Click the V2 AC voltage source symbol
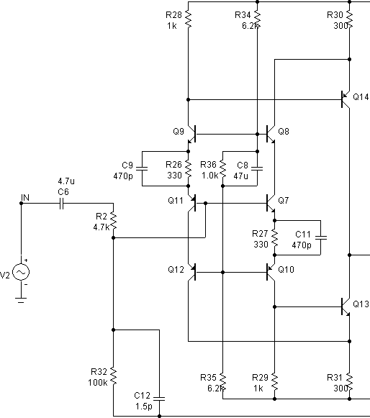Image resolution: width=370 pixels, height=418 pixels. click(21, 272)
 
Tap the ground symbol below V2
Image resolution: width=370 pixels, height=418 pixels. click(21, 300)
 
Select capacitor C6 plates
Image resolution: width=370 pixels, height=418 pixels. click(61, 204)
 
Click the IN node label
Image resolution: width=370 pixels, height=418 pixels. click(25, 198)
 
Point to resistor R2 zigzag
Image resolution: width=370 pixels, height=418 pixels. click(113, 221)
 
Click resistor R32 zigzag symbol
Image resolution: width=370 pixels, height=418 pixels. click(113, 376)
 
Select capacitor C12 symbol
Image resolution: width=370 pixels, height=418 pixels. click(160, 399)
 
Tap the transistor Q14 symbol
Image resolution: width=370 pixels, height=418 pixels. click(346, 99)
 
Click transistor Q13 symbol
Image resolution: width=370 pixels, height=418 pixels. click(346, 306)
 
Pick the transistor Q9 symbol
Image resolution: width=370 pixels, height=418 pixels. click(191, 134)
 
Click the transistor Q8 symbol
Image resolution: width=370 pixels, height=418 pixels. click(271, 134)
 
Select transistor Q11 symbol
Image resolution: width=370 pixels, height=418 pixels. click(191, 203)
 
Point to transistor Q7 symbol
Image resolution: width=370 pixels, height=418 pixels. click(271, 203)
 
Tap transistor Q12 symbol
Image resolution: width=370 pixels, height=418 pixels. click(191, 272)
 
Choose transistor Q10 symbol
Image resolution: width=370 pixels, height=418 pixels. click(271, 272)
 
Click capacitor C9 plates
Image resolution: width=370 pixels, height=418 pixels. click(142, 168)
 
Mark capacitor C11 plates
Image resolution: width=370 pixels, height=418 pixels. click(321, 237)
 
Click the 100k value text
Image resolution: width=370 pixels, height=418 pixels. click(98, 383)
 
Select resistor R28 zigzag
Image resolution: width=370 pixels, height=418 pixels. click(189, 19)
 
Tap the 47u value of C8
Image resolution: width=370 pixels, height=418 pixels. click(240, 176)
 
